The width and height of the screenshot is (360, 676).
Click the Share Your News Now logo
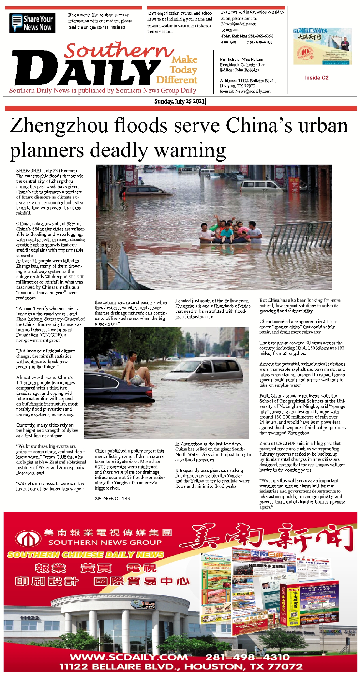tap(32, 23)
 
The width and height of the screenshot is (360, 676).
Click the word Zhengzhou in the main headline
tap(59, 126)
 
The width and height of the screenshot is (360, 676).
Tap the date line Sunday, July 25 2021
tap(179, 101)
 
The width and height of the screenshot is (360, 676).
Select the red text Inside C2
tap(317, 78)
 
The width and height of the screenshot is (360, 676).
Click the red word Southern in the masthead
tap(119, 51)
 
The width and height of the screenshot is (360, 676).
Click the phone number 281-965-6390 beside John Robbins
tap(260, 36)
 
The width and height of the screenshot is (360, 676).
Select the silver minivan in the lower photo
tap(204, 370)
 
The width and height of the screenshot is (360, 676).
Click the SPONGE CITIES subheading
tap(112, 498)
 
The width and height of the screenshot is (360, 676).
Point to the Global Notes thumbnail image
tap(322, 46)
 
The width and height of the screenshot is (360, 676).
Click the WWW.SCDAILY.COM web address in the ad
tap(129, 656)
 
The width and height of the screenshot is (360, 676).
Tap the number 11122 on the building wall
tap(29, 618)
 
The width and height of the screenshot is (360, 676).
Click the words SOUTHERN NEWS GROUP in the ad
tap(105, 542)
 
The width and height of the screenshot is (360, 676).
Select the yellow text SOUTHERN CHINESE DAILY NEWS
tap(86, 554)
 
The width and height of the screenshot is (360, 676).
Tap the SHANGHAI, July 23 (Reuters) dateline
tap(48, 170)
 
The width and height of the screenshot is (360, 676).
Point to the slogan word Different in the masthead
tap(177, 80)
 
